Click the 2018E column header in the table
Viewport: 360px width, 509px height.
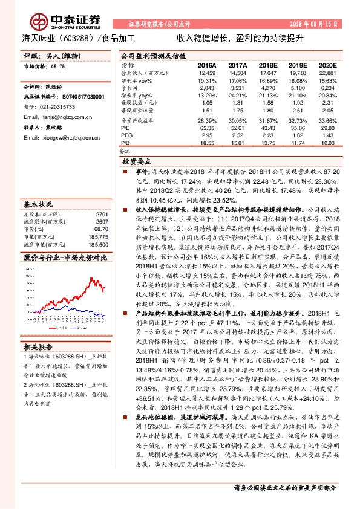click(x=267, y=64)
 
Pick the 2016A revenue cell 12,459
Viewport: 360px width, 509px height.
click(x=207, y=72)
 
